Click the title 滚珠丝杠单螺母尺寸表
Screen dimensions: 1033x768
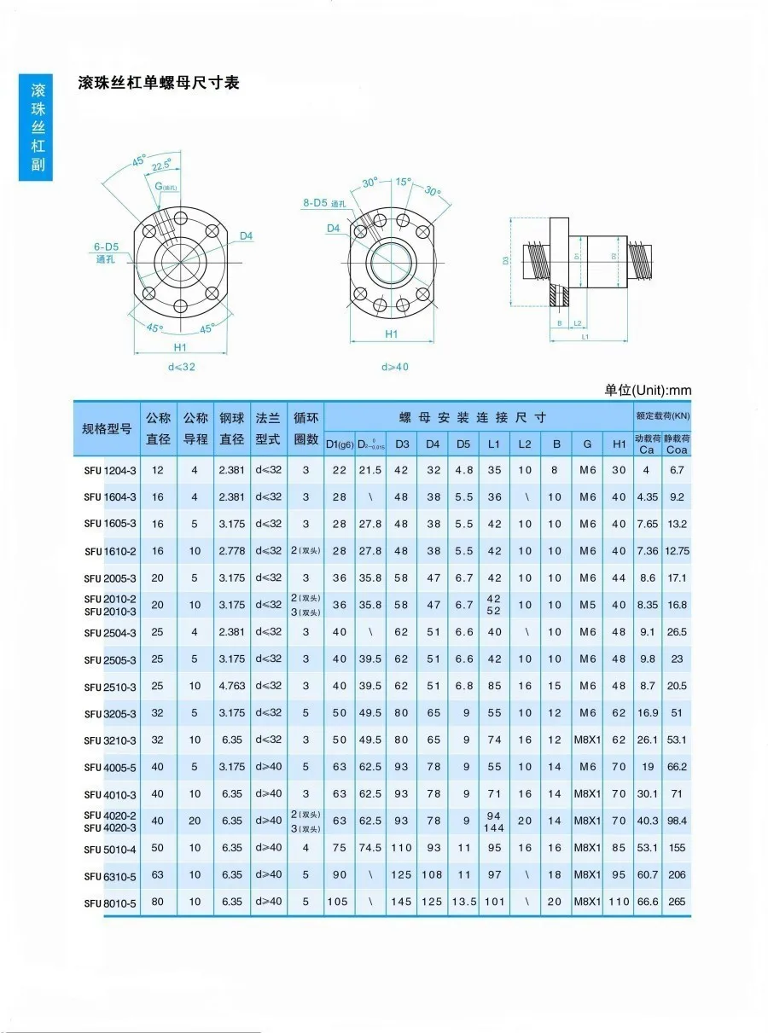[158, 83]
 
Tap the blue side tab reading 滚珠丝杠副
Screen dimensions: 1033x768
[36, 127]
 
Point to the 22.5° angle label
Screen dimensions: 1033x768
[160, 165]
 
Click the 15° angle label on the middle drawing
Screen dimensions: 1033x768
[403, 183]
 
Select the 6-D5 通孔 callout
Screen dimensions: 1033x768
[107, 252]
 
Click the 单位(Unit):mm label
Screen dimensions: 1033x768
[648, 390]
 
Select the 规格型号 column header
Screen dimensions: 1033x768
[107, 428]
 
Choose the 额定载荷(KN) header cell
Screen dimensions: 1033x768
[661, 416]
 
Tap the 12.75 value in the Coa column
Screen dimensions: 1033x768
[677, 551]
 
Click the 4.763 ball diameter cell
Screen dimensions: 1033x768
[231, 686]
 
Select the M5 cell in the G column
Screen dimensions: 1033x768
[587, 605]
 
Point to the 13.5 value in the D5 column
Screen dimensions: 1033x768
[463, 902]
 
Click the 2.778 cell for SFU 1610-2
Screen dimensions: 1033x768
[231, 551]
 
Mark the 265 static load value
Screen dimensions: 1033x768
[677, 902]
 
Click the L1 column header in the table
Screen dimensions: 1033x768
[494, 444]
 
